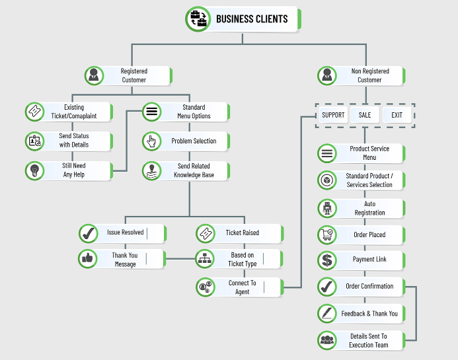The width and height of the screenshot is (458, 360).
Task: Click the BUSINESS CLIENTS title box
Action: [x=243, y=19]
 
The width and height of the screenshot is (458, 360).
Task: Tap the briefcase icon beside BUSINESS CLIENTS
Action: [x=198, y=19]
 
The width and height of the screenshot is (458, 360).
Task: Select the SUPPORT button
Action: [x=333, y=115]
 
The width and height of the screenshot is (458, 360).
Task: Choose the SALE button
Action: [x=365, y=115]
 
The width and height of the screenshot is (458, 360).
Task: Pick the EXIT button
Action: [x=397, y=115]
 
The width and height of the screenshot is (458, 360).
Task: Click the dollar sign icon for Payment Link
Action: [x=327, y=260]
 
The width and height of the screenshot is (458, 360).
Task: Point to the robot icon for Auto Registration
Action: [x=327, y=209]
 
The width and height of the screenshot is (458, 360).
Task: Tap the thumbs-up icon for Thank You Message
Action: [x=88, y=258]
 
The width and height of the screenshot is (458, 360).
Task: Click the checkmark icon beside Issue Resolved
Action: [x=88, y=234]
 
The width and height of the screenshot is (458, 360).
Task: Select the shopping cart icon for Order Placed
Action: [x=327, y=234]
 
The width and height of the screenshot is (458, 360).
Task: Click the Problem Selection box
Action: [x=186, y=141]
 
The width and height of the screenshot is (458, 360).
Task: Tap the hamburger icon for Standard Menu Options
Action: [x=152, y=112]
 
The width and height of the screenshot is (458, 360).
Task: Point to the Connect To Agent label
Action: [x=243, y=287]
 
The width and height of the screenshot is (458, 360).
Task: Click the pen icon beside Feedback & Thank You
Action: [x=327, y=314]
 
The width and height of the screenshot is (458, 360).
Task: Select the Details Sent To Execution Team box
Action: [x=361, y=340]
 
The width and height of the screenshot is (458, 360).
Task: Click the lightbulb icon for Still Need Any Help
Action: [x=34, y=171]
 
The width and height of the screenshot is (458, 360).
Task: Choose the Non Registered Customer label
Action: [x=370, y=75]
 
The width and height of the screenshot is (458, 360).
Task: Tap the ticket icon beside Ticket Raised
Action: [x=206, y=234]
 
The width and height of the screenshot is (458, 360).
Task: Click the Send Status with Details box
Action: [x=69, y=141]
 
